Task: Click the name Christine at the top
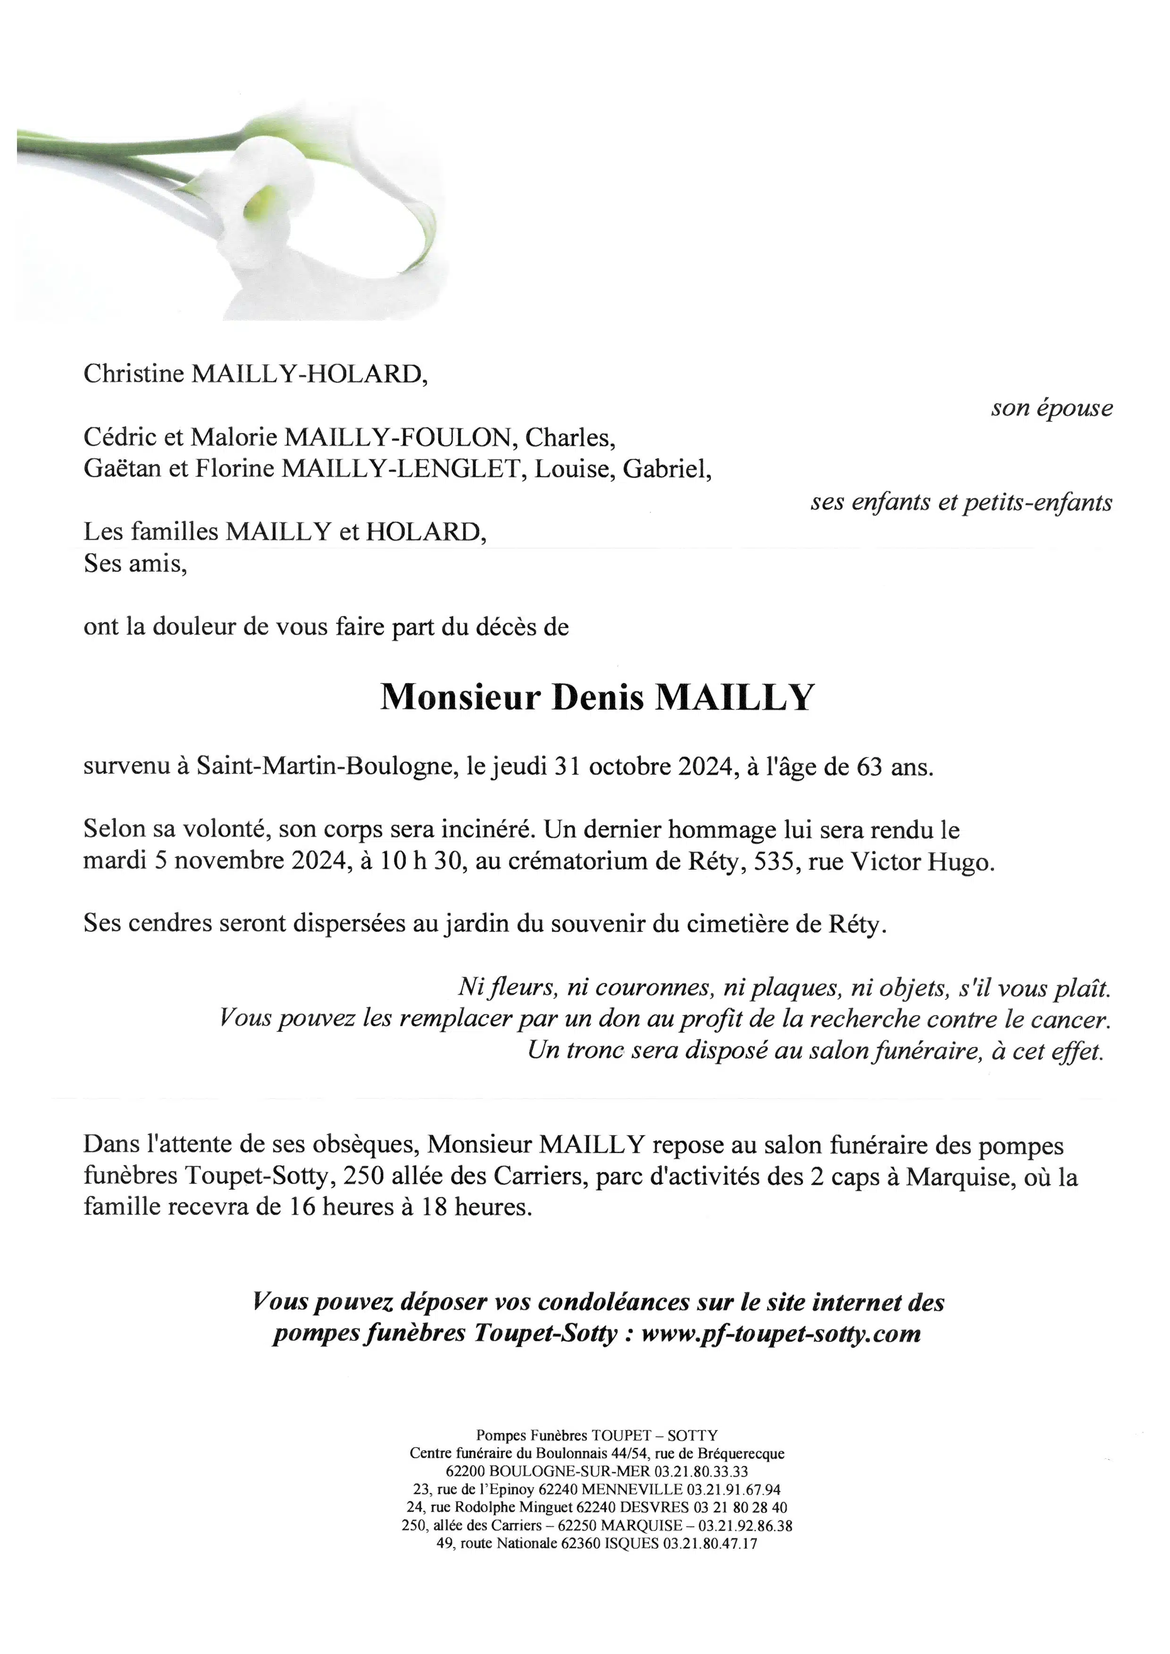point(134,374)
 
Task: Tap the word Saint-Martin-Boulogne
point(324,766)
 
